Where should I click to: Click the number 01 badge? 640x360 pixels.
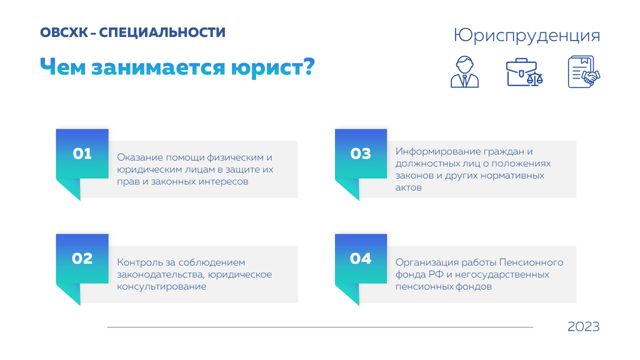(x=82, y=154)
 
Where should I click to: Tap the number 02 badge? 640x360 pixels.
(x=82, y=259)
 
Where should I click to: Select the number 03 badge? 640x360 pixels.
(x=361, y=154)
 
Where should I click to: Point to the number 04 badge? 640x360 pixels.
(x=361, y=259)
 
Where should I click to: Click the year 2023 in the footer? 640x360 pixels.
(x=583, y=326)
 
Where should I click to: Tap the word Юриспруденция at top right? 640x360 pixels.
(x=526, y=36)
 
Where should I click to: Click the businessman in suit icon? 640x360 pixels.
(x=464, y=72)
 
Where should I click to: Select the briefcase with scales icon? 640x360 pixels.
(x=524, y=72)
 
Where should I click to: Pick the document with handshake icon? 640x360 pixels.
(x=584, y=72)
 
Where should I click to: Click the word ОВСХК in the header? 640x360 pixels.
(x=64, y=32)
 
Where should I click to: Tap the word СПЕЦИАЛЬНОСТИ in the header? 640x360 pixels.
(x=162, y=32)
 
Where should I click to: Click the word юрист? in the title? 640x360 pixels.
(x=273, y=67)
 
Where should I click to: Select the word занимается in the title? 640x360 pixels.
(x=158, y=67)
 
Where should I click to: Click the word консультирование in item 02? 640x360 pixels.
(x=162, y=286)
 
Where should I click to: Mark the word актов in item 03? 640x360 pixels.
(x=409, y=187)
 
